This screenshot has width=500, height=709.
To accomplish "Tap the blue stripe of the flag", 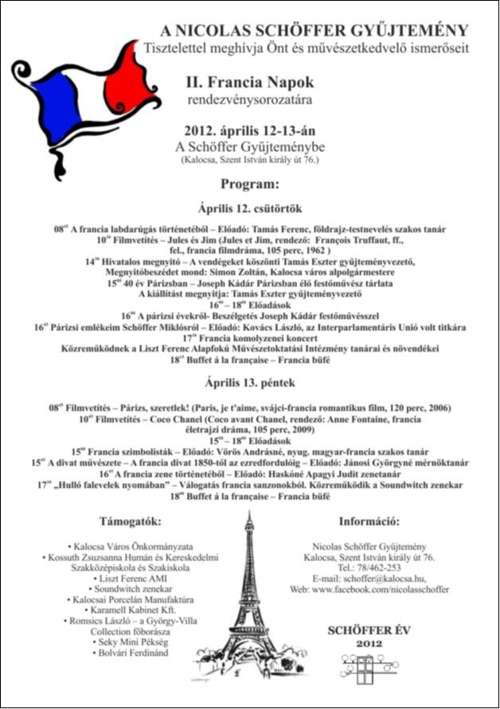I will (x=59, y=103).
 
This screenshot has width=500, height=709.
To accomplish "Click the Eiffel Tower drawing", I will (x=248, y=605).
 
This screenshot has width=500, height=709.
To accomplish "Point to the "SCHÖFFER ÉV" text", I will (x=369, y=630).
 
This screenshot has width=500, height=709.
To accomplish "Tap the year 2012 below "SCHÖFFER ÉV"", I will (x=368, y=643).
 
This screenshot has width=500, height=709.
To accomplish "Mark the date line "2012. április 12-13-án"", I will (x=249, y=132).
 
